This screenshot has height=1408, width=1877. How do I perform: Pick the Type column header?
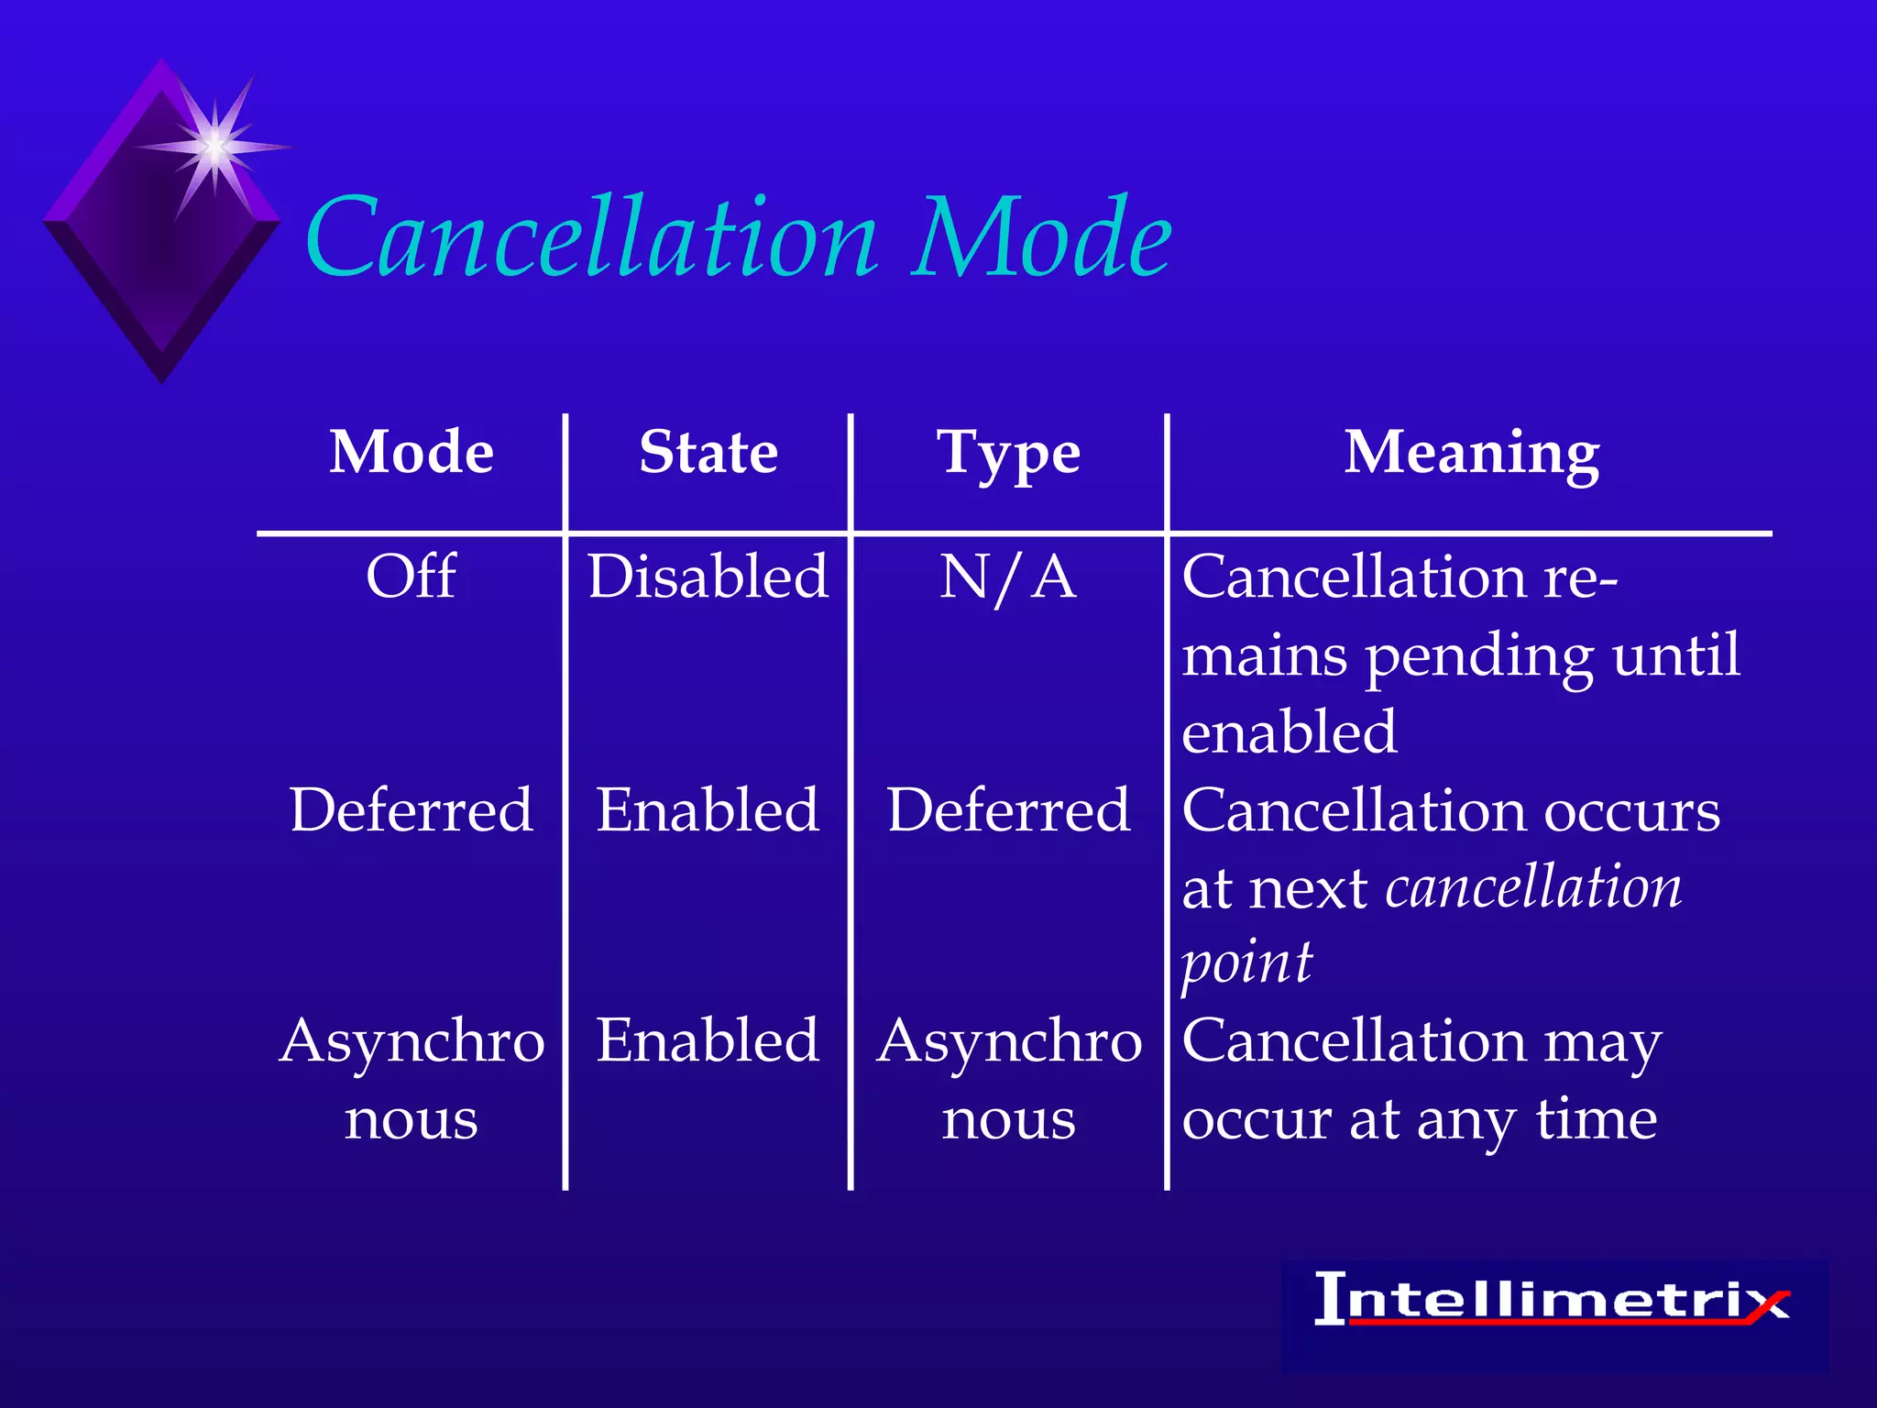point(1008,454)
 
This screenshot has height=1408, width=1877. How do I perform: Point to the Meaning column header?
point(1472,454)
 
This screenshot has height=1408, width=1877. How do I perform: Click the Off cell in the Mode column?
point(412,577)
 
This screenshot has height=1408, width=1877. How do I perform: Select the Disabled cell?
point(708,577)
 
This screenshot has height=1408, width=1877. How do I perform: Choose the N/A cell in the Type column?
point(1008,578)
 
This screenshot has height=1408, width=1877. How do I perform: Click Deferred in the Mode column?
point(412,810)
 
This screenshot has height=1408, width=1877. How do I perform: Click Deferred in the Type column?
point(1008,810)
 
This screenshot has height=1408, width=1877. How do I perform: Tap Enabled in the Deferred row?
point(708,810)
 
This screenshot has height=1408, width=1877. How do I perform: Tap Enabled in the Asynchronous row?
point(708,1041)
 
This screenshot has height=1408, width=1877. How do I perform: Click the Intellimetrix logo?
point(1553,1300)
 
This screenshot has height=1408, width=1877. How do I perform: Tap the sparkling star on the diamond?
point(214,146)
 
